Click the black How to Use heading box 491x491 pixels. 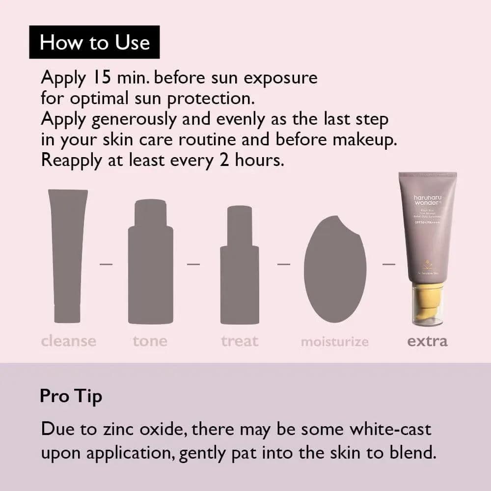click(94, 42)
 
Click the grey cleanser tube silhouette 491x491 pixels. click(68, 255)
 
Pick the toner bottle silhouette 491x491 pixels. click(150, 263)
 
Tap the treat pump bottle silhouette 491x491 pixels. click(239, 265)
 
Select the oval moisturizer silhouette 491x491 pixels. click(335, 269)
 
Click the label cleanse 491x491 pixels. click(69, 341)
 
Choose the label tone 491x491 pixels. click(150, 341)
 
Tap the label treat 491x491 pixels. click(240, 341)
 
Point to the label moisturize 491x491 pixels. click(334, 342)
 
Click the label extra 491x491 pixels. click(427, 341)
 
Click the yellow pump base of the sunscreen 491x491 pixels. click(427, 300)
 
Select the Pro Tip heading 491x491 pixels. click(71, 396)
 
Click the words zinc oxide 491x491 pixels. click(144, 429)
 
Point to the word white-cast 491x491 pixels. click(390, 429)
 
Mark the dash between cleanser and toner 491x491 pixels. click(106, 264)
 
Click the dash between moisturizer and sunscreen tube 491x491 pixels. click(389, 264)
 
